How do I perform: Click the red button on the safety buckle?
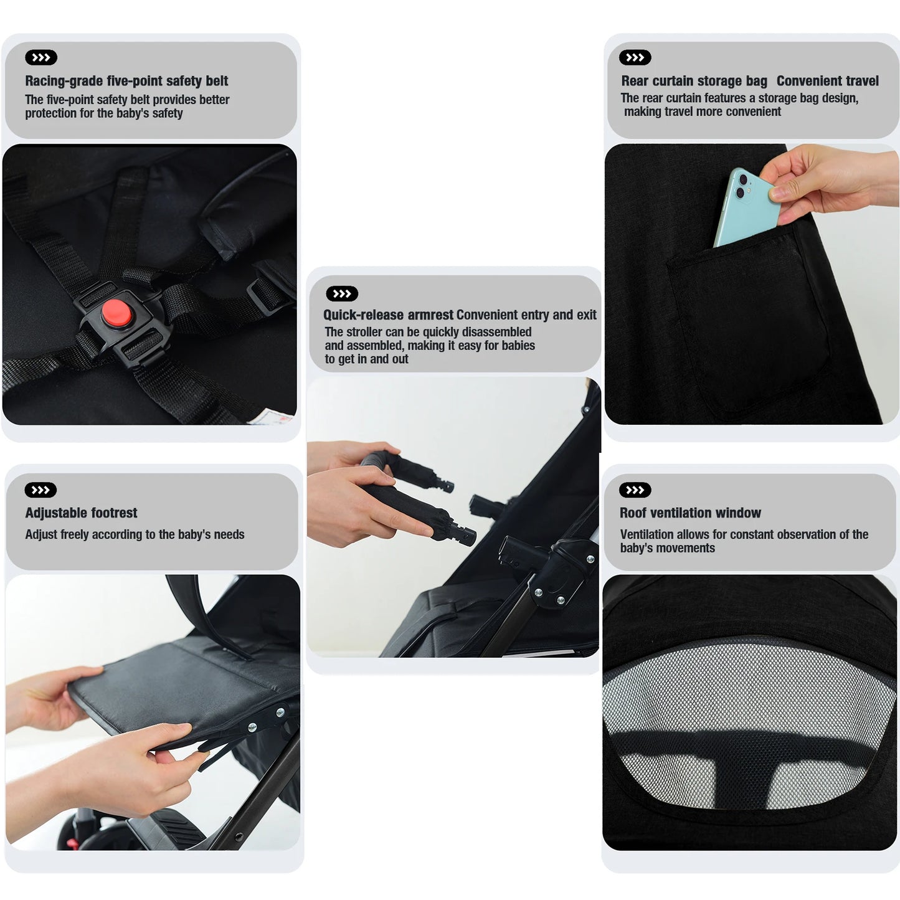[116, 313]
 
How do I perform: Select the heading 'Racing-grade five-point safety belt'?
[126, 81]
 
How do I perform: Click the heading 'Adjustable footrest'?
[81, 513]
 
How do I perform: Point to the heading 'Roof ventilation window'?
[690, 513]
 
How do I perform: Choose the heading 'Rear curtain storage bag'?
[694, 81]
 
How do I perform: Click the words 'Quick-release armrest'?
[388, 315]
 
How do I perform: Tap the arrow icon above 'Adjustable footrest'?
[40, 490]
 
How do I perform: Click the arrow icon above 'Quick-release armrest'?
[342, 293]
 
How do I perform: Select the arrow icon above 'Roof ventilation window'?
[635, 490]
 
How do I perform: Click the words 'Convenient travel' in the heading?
[827, 81]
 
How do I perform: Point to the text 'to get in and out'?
[366, 359]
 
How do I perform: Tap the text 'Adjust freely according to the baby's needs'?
[135, 534]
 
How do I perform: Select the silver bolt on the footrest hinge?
[252, 727]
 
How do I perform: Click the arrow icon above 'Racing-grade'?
[41, 58]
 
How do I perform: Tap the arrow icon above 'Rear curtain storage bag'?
[635, 58]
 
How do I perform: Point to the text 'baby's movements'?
[667, 548]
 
